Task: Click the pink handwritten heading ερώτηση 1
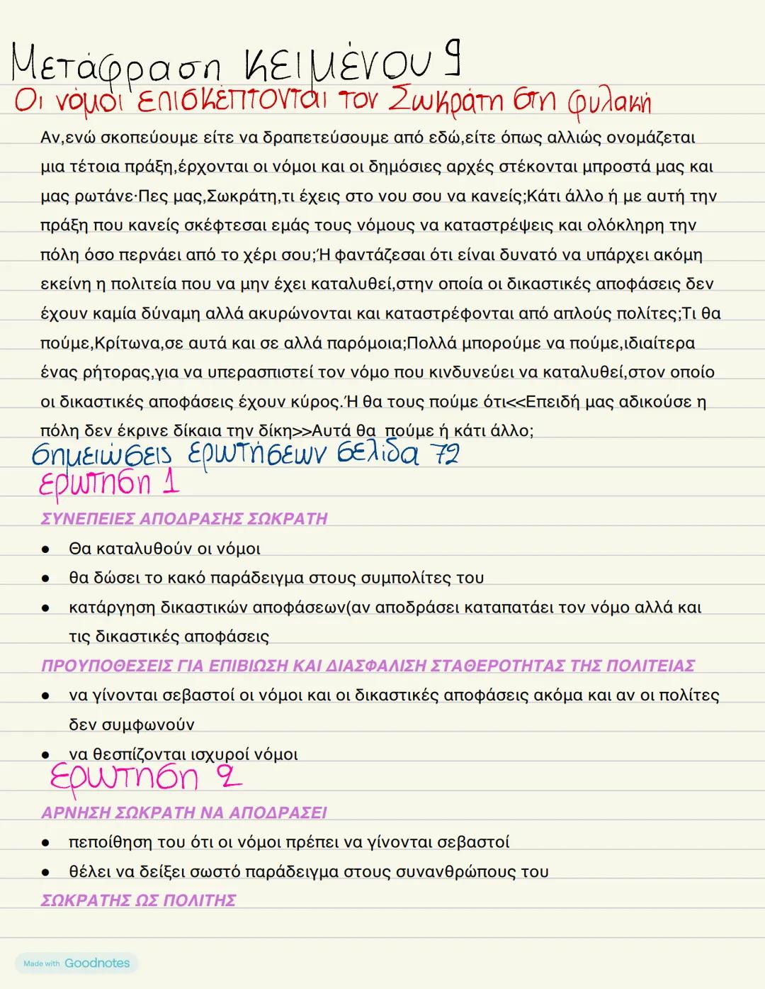[108, 484]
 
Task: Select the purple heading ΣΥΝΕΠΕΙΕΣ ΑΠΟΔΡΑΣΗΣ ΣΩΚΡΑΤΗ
[184, 519]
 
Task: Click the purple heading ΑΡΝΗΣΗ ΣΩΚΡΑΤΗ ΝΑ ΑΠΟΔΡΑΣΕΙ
[184, 812]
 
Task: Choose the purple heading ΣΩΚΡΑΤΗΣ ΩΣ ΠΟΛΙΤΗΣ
[138, 900]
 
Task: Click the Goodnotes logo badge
[76, 963]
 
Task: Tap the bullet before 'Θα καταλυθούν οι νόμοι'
[45, 549]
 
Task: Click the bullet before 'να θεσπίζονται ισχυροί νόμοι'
[45, 754]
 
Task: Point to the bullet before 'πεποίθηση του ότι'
[45, 842]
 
